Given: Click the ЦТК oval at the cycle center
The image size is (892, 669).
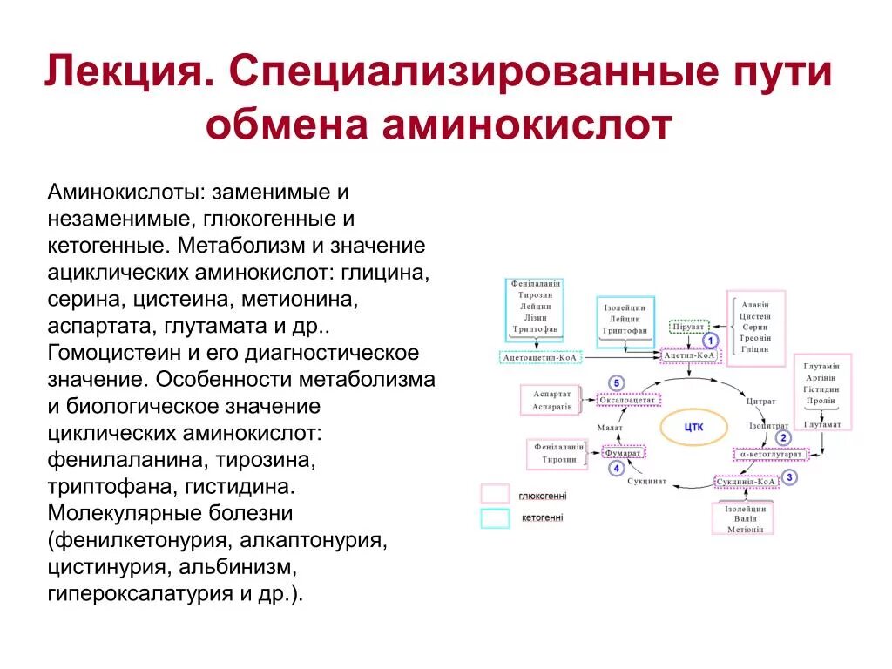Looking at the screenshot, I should [693, 427].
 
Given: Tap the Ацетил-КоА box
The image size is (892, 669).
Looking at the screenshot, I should [689, 355].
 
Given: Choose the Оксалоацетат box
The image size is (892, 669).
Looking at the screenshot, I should [628, 400].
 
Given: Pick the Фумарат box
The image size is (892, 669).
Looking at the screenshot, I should [623, 453].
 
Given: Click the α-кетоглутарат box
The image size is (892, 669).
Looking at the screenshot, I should [772, 454].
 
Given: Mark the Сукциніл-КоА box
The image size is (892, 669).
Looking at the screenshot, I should [746, 481].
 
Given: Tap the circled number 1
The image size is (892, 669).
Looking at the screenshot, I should [711, 341].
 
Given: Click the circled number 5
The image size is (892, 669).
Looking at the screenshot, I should [617, 383].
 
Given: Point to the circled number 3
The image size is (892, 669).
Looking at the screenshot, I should [789, 477].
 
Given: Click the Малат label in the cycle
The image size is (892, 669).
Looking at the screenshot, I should [610, 427].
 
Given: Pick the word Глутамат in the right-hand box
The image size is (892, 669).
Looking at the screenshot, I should [822, 424].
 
